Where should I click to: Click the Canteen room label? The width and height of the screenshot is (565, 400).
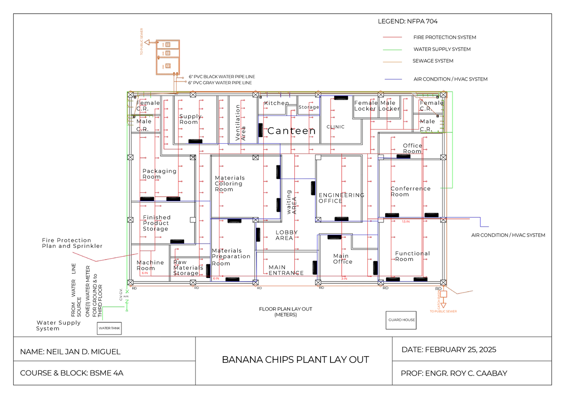coord(291,131)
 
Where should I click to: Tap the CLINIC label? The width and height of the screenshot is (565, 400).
coord(335,127)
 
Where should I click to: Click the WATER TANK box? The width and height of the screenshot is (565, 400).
coord(109,328)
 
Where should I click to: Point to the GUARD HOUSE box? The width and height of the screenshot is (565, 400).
coord(402,320)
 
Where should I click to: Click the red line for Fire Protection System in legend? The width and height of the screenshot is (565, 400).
coord(392,37)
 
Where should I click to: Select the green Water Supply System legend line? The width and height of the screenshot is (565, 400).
coord(392,49)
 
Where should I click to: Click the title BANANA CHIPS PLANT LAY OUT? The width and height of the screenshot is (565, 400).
coord(295,360)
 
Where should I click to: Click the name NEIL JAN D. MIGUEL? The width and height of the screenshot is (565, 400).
coord(70,351)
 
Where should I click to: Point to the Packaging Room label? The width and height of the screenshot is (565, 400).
coord(159,174)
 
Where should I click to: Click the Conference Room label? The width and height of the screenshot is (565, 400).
coord(410,191)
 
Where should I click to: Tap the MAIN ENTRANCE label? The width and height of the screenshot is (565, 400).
coord(286,270)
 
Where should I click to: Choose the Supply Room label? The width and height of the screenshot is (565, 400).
coord(190,119)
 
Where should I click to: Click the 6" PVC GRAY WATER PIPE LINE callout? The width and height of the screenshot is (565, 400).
coord(220,83)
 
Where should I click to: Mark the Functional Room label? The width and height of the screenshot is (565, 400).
coord(412,256)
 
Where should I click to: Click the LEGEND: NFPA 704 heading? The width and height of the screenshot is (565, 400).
coord(408,21)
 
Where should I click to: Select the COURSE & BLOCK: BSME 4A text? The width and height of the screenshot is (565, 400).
coord(72,373)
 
